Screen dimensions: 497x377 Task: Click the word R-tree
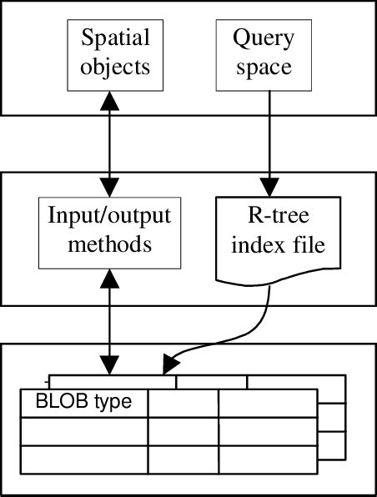click(x=269, y=218)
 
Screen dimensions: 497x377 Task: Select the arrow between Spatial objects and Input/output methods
click(x=109, y=142)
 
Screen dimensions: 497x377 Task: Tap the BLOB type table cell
click(x=83, y=402)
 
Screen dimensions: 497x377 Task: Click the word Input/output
click(x=109, y=217)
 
